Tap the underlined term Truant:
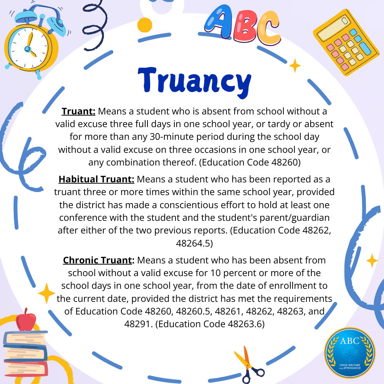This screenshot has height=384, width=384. coord(78,111)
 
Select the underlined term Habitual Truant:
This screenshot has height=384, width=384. coord(96,179)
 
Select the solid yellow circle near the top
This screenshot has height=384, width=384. coord(144,24)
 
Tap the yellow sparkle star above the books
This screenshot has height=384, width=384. coord(47,293)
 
